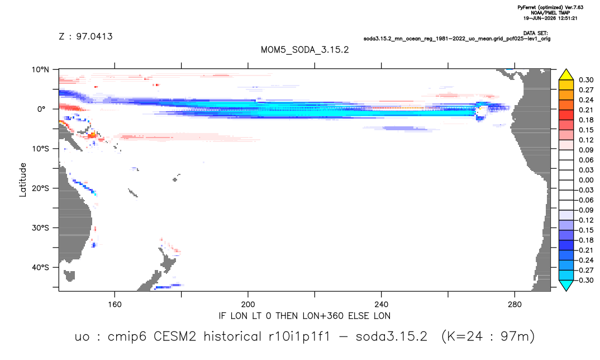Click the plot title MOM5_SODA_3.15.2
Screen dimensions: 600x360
pyautogui.click(x=304, y=50)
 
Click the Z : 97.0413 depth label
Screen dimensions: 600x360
pyautogui.click(x=85, y=36)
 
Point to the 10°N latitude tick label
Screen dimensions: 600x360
pyautogui.click(x=40, y=70)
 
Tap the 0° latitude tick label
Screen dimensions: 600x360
pyautogui.click(x=42, y=109)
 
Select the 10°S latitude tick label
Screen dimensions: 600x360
pyautogui.click(x=40, y=149)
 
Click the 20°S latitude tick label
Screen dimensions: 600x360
pyautogui.click(x=40, y=188)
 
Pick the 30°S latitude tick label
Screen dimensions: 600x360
pyautogui.click(x=40, y=228)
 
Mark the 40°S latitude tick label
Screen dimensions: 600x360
pyautogui.click(x=40, y=267)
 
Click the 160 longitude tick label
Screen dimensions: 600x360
pyautogui.click(x=115, y=305)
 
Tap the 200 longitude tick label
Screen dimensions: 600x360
pyautogui.click(x=248, y=305)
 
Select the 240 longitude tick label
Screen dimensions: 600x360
pyautogui.click(x=382, y=305)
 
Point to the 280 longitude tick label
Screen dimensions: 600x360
pyautogui.click(x=515, y=305)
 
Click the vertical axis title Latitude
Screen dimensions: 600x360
pyautogui.click(x=23, y=180)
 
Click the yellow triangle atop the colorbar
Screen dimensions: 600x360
pyautogui.click(x=566, y=74)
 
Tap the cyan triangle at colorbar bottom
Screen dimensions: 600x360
pyautogui.click(x=566, y=286)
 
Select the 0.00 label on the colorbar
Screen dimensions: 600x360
pyautogui.click(x=586, y=180)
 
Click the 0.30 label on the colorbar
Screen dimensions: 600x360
pyautogui.click(x=586, y=80)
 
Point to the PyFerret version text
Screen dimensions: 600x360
pyautogui.click(x=550, y=7)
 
